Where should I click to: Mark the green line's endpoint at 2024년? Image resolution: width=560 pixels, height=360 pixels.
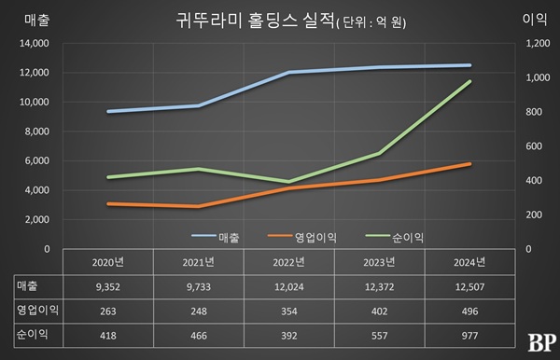coord(469,81)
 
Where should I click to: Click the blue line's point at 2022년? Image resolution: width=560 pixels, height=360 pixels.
coord(288,72)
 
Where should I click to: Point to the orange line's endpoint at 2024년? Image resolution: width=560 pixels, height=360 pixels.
coord(469,164)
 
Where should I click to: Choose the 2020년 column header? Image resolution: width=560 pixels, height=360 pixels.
coord(108,262)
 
